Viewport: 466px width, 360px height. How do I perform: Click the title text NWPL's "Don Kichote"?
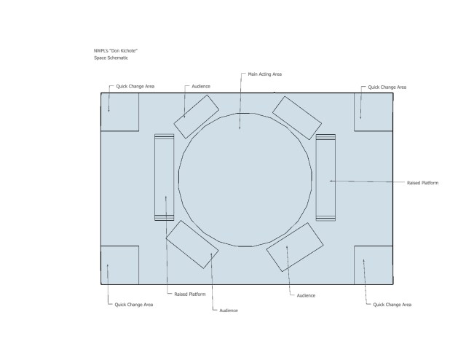coord(116,51)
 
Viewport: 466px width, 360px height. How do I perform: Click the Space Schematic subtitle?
coord(111,58)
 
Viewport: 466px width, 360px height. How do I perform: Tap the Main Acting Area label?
coord(265,74)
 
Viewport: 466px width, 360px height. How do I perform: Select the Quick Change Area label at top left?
coord(135,86)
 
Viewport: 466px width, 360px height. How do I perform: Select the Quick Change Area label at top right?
coord(387,87)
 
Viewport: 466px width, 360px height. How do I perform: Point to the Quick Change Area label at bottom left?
coord(134,305)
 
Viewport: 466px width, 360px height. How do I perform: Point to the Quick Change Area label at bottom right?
coord(392,305)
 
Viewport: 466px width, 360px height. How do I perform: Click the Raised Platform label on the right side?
coord(422,183)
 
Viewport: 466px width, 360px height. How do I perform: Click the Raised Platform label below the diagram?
coord(190,294)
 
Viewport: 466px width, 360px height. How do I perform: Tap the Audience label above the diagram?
coord(201,86)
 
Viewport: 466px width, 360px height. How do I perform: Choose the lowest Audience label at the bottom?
coord(229,310)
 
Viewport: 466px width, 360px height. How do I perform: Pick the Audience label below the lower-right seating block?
coord(306,296)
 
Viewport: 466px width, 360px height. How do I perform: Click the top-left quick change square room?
coord(120,112)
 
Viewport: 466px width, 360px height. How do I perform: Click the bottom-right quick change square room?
coord(374,265)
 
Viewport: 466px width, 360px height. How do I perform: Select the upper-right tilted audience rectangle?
coord(297,118)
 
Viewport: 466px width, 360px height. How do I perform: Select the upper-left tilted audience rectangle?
coord(197,117)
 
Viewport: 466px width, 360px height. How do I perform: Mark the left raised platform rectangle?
coord(165,177)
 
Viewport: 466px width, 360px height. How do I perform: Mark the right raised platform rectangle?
coord(325,177)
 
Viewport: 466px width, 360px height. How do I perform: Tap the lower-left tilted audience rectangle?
coord(192,244)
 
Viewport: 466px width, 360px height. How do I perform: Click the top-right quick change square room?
coord(374,112)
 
